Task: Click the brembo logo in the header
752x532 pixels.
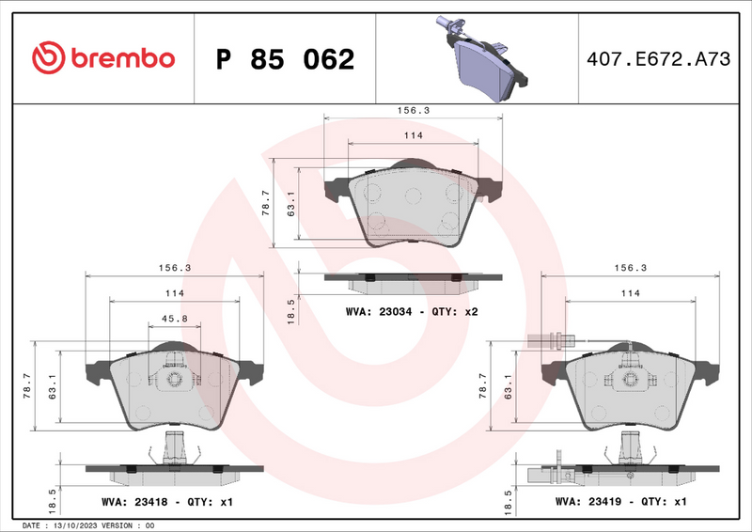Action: [x=103, y=58]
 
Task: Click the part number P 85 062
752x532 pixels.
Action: [x=285, y=59]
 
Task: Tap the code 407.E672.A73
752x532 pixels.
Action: [x=657, y=59]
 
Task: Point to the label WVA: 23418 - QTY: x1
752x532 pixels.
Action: [x=167, y=503]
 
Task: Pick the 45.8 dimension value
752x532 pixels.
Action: [x=174, y=319]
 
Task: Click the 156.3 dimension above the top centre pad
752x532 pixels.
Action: [x=412, y=110]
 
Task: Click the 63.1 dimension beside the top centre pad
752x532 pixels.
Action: [x=291, y=204]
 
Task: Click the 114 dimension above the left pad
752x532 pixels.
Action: [x=174, y=293]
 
